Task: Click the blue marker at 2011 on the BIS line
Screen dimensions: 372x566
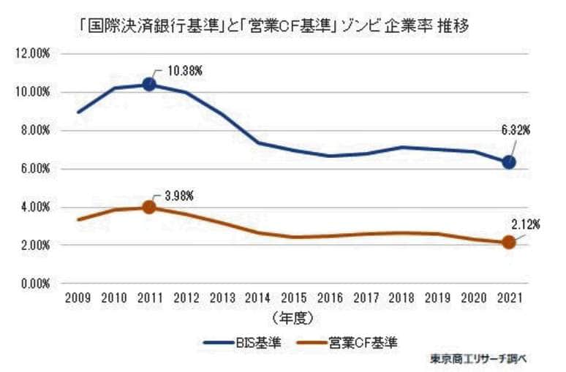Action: point(149,84)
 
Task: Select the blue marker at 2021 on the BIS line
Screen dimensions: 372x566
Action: point(508,162)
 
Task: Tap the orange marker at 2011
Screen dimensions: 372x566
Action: point(149,207)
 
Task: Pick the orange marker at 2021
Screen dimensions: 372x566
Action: point(508,242)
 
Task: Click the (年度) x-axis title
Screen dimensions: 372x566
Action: point(293,318)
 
